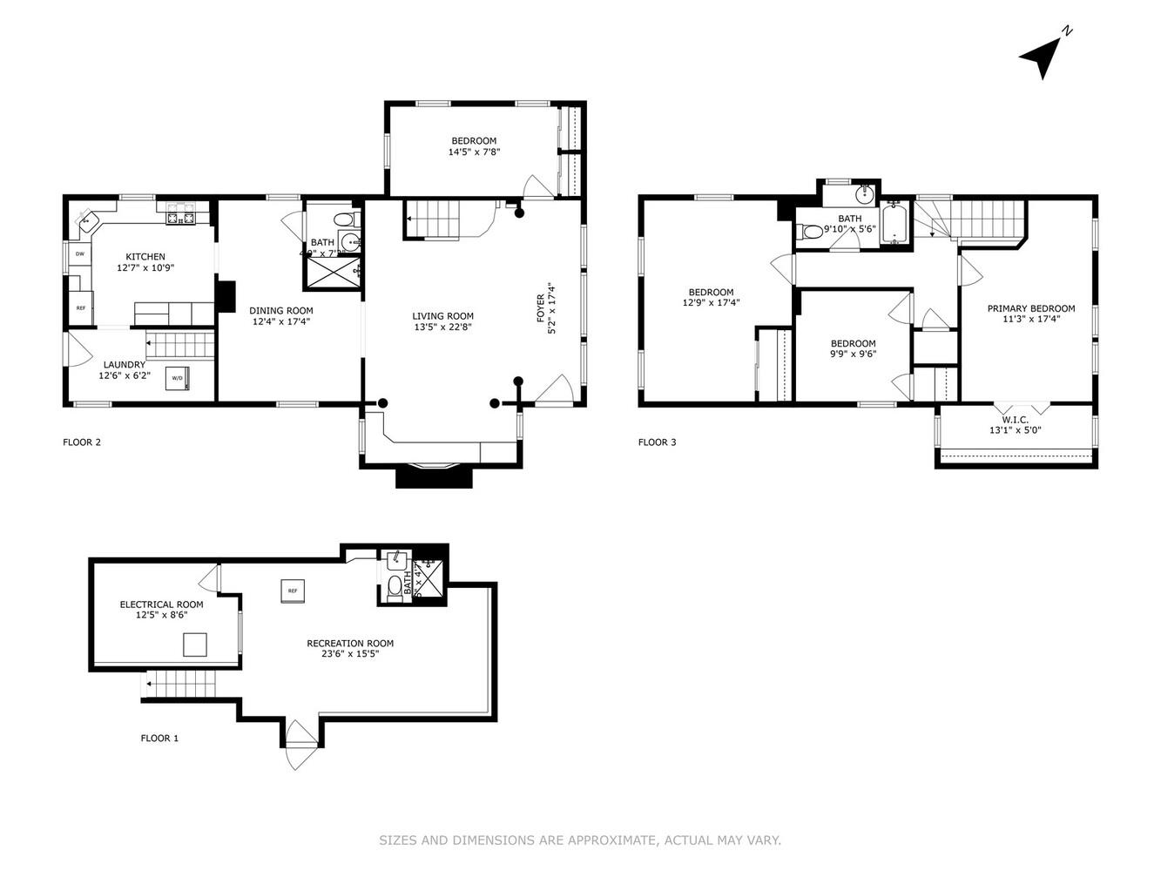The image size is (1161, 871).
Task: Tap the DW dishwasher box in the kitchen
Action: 79,254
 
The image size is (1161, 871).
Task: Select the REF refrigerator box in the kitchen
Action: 80,307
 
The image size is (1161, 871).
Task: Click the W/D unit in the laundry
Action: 178,378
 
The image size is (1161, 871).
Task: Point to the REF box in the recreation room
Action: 293,591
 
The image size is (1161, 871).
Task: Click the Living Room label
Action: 442,316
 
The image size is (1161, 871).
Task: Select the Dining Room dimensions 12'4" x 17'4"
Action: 281,321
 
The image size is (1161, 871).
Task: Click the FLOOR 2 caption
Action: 82,442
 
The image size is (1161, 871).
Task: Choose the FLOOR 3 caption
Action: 657,442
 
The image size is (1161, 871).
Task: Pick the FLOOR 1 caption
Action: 159,738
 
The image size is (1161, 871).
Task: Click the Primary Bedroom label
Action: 1030,308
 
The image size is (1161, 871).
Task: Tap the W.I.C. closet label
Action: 1016,419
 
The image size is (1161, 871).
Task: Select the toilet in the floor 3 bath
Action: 809,232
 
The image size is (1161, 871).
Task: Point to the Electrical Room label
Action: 161,604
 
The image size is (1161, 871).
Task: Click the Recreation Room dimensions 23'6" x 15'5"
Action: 350,654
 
